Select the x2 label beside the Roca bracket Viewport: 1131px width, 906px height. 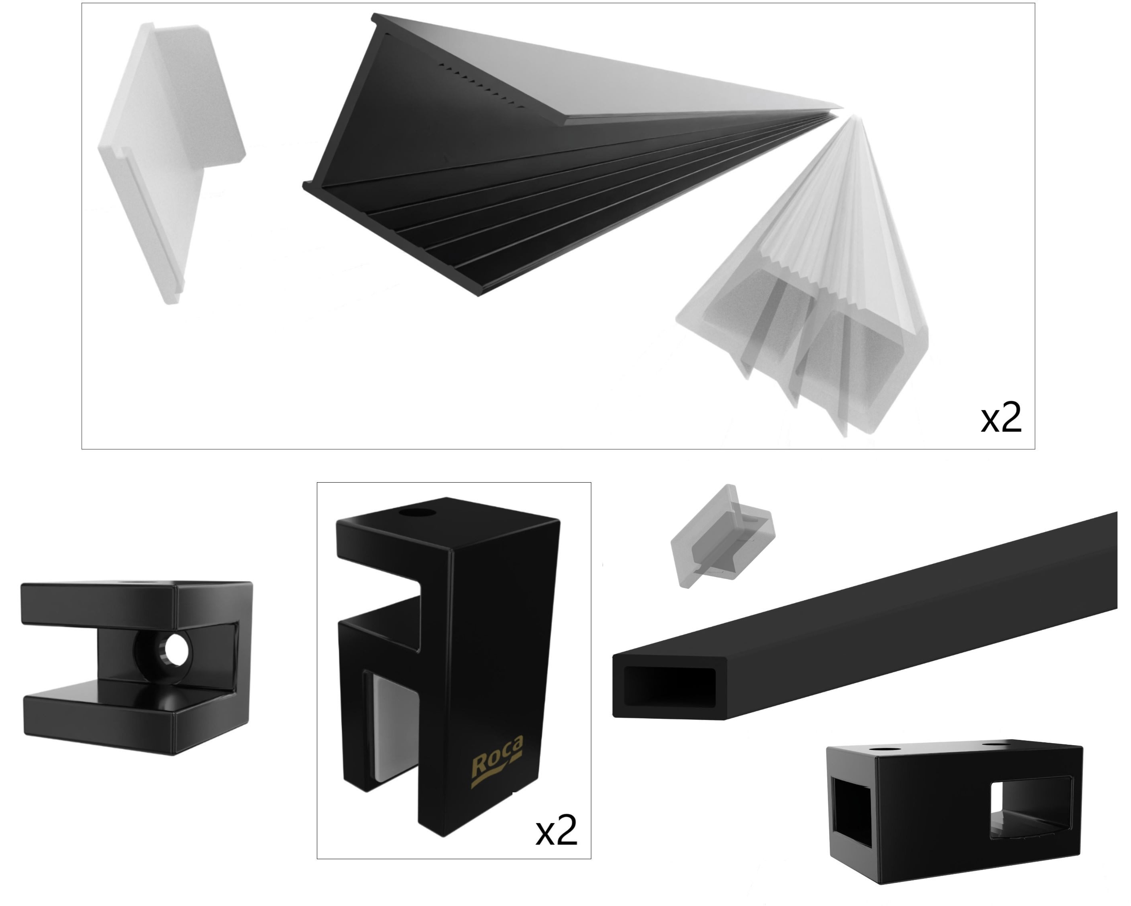coord(556,830)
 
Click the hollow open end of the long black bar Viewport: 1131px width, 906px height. coord(669,687)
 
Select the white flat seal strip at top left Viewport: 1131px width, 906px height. coord(172,162)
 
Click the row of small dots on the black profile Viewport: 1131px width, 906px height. coord(482,86)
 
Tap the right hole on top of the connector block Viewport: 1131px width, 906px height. coord(995,744)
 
